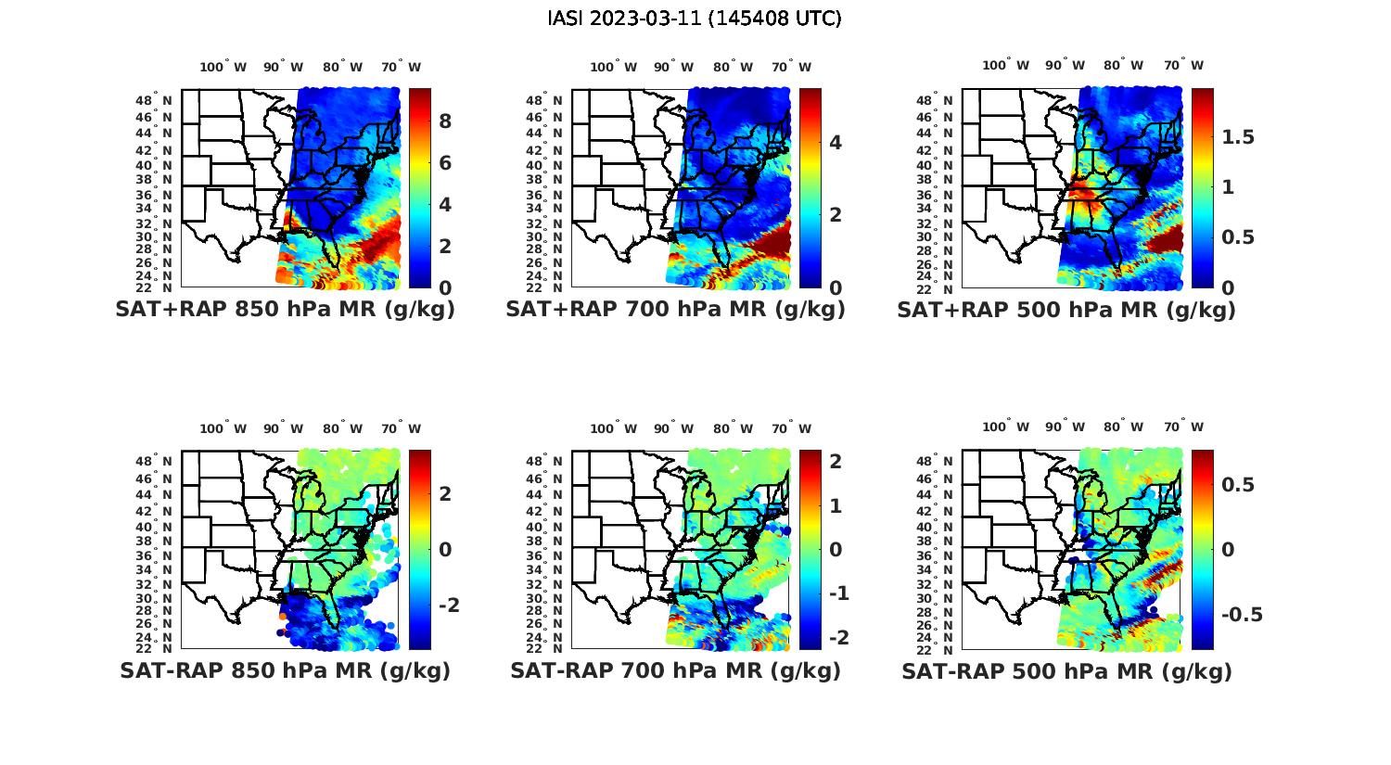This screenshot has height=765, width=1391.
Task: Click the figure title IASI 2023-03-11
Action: click(x=695, y=19)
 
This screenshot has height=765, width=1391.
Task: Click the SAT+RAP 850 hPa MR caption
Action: click(x=285, y=310)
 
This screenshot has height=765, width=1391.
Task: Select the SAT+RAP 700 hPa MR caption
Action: click(x=675, y=310)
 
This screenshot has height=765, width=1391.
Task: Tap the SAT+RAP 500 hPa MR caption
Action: click(x=1066, y=310)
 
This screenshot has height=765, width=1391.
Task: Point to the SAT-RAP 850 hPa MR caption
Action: click(x=285, y=670)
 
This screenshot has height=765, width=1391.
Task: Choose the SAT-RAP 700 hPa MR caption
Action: click(x=675, y=670)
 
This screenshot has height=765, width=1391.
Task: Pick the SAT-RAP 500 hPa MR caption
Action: click(x=1066, y=670)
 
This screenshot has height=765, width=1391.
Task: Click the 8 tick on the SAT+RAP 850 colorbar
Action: click(x=445, y=121)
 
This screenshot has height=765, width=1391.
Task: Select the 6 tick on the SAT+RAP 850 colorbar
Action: click(x=445, y=163)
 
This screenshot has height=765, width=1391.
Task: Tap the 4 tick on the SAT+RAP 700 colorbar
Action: click(x=836, y=142)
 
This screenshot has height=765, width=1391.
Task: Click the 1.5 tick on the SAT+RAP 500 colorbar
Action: click(x=1238, y=137)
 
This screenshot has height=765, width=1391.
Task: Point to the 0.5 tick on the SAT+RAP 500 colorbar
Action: click(x=1238, y=237)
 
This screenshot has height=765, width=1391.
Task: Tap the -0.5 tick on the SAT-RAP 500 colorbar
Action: click(x=1241, y=615)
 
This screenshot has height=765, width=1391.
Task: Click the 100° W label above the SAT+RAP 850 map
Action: click(x=223, y=67)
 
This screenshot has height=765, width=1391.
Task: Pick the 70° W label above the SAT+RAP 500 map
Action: click(x=1184, y=65)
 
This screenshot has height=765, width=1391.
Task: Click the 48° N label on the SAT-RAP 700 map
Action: click(x=550, y=462)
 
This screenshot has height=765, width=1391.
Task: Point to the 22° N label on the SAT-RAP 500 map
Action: click(x=941, y=648)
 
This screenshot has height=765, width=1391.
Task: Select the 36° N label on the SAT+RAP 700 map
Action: click(x=550, y=196)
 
